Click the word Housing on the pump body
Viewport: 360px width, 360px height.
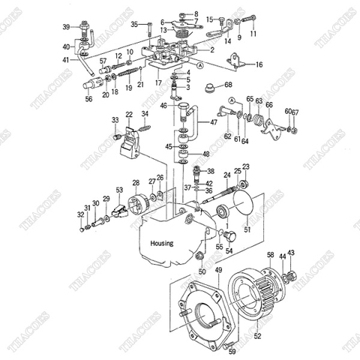click(160, 243)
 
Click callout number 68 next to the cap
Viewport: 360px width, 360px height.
click(228, 85)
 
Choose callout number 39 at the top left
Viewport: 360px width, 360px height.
click(66, 27)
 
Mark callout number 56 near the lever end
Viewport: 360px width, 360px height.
click(89, 98)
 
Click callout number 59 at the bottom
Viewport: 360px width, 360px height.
click(232, 350)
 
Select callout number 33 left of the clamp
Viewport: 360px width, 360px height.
click(115, 119)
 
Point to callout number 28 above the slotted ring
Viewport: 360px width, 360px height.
click(136, 182)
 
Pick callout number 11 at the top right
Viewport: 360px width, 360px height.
click(253, 34)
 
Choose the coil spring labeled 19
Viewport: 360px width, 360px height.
click(128, 75)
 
